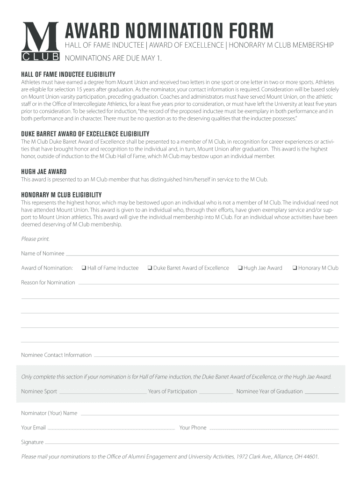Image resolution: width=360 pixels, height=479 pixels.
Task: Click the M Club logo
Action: click(x=40, y=42)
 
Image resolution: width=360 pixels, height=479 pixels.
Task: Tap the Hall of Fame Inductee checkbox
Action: click(x=83, y=268)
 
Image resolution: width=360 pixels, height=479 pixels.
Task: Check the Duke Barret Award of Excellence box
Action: click(x=150, y=268)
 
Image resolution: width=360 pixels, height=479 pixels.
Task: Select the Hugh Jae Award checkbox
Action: click(x=240, y=268)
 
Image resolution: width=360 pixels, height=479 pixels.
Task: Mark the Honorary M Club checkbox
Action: click(x=295, y=268)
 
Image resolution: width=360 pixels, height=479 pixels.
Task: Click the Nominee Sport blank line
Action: click(x=103, y=393)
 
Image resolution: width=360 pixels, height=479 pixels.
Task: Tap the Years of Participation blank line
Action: click(x=216, y=393)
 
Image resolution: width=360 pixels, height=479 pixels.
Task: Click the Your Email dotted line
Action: click(x=111, y=429)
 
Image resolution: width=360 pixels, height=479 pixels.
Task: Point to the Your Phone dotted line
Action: click(x=273, y=429)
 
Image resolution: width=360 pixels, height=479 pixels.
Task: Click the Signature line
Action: click(x=192, y=443)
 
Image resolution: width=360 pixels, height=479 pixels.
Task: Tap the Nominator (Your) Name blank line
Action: click(x=209, y=415)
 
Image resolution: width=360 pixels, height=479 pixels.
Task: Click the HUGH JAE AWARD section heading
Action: click(x=44, y=172)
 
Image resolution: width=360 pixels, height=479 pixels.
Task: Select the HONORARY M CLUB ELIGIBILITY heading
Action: click(x=61, y=195)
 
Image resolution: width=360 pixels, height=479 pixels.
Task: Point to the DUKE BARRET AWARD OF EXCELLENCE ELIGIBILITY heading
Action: click(x=86, y=134)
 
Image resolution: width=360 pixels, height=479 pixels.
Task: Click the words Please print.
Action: click(x=35, y=239)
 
